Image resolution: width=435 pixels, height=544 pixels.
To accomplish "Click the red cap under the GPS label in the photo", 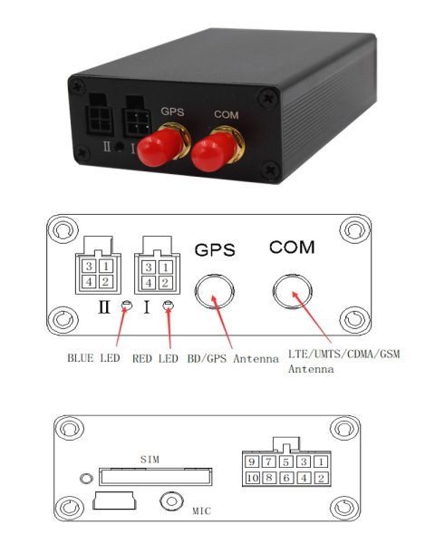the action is (159, 146).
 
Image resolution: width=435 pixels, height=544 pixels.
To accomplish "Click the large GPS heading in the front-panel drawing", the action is (215, 250).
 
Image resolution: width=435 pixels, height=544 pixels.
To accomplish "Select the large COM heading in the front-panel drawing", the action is (292, 248).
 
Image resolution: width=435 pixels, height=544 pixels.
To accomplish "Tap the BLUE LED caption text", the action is (93, 358).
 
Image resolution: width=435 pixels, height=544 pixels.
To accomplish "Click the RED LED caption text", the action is (155, 358).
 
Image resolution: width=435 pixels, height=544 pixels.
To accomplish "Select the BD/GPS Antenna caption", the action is (233, 358).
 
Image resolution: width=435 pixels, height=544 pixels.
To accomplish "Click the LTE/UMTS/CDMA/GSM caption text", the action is (343, 354).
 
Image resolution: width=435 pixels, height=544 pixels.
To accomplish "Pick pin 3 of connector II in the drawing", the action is (89, 266).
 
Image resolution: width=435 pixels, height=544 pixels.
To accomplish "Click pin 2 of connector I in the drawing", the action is (165, 283).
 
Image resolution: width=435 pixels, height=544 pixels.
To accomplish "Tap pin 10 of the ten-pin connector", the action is (252, 478).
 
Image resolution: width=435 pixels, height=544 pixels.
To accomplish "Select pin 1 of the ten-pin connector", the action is (321, 461).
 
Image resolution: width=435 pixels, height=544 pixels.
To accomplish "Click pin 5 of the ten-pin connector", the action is (285, 461).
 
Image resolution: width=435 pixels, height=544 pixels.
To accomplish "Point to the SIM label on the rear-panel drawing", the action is (150, 460).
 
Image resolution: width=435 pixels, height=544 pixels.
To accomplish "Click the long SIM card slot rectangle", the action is (155, 469).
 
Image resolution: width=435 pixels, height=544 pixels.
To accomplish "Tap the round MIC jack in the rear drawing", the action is (171, 501).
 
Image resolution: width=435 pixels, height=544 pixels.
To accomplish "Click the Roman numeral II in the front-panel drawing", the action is (104, 306).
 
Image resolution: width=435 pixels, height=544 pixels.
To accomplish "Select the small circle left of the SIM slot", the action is (86, 479).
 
